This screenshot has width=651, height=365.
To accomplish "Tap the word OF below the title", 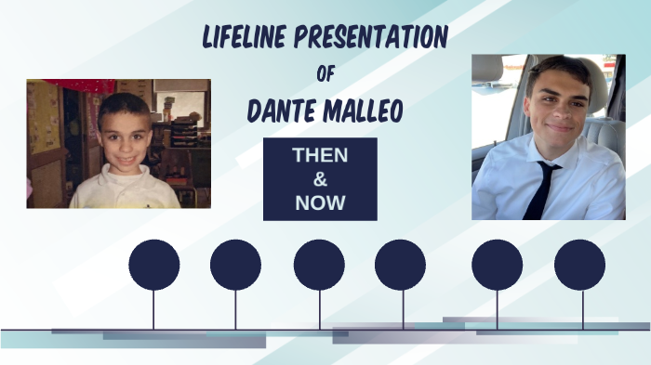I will click(x=325, y=74).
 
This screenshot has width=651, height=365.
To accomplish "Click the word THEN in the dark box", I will click(x=320, y=156).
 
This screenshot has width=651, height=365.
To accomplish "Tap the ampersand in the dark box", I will click(x=320, y=179).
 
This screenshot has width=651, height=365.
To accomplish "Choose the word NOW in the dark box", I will click(x=320, y=202).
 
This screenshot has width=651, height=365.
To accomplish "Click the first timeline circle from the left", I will click(x=153, y=265).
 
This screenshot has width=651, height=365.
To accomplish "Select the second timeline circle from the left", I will click(x=235, y=265).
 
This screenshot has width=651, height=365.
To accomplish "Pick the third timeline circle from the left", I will click(x=319, y=265).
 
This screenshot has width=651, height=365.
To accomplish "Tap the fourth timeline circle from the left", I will click(x=401, y=265).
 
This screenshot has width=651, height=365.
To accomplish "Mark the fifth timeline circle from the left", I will click(x=497, y=265).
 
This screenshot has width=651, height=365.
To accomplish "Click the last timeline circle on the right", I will click(x=579, y=265).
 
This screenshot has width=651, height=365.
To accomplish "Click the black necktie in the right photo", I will click(x=540, y=189).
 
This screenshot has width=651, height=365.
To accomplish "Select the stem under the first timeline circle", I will click(x=153, y=309).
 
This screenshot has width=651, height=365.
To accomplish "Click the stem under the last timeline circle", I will click(x=583, y=309).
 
